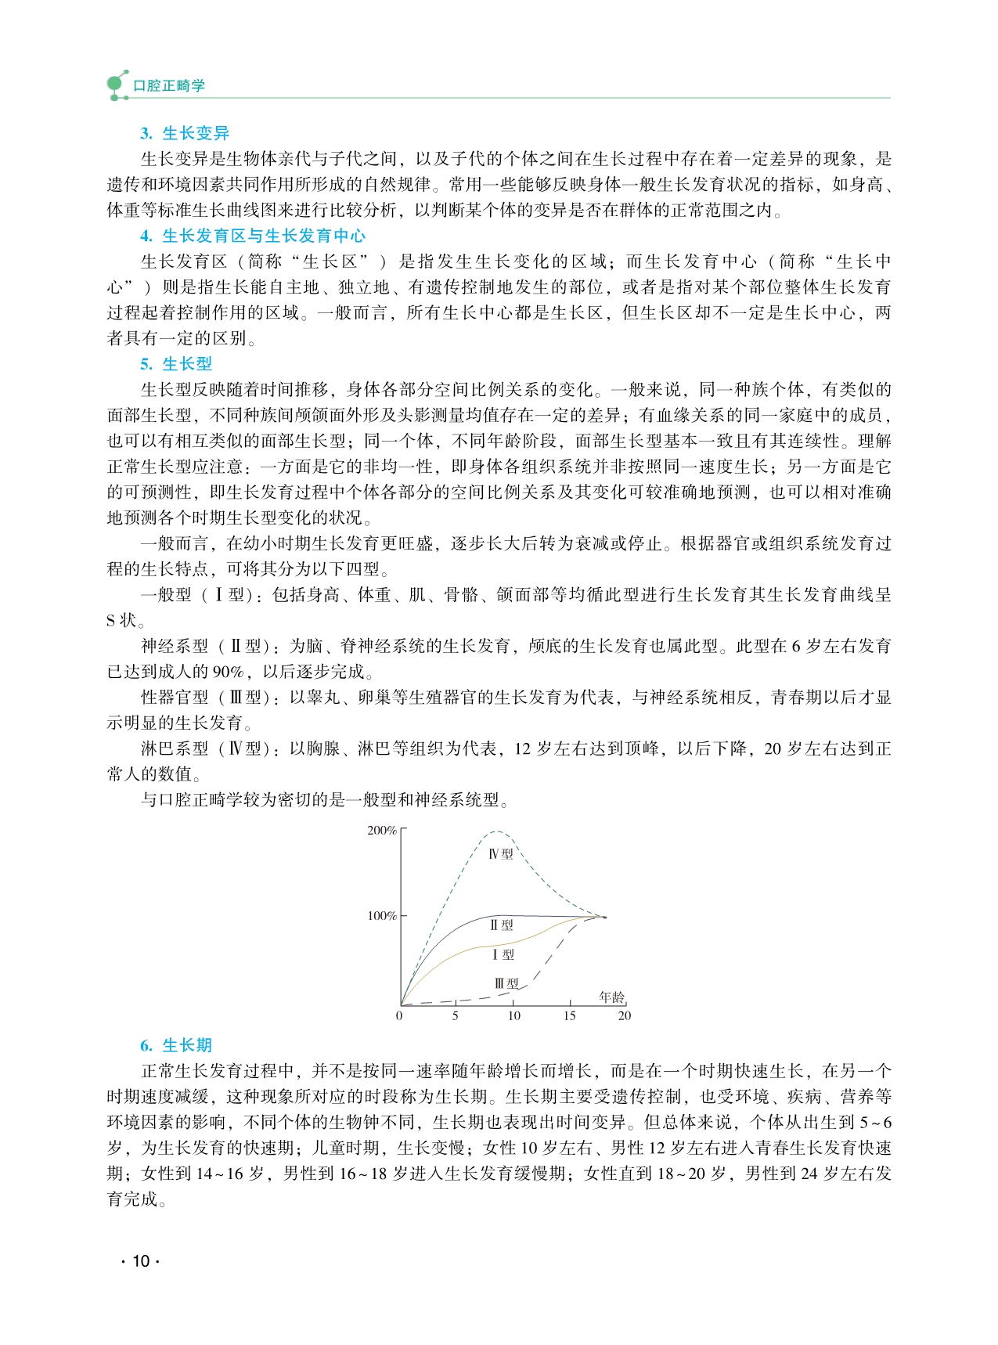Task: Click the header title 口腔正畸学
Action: coord(169,85)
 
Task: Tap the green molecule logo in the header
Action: coord(117,85)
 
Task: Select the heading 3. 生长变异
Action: coord(185,133)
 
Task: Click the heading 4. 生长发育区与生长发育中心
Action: coord(253,236)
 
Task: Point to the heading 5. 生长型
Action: coord(176,363)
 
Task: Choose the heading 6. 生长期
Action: coord(176,1045)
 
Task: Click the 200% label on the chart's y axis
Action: coord(382,831)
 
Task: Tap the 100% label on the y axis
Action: coord(382,916)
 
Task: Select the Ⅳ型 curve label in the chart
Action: coord(501,853)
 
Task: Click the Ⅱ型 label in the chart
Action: coord(502,925)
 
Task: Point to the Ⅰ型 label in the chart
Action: coord(503,954)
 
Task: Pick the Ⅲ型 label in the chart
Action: coord(506,983)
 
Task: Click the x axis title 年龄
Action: coord(612,997)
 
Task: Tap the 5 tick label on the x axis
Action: coord(456,1016)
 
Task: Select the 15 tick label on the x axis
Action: coord(569,1016)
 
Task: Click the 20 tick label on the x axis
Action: coord(624,1016)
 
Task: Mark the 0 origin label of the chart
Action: coord(399,1016)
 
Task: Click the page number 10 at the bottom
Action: coord(141,1261)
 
